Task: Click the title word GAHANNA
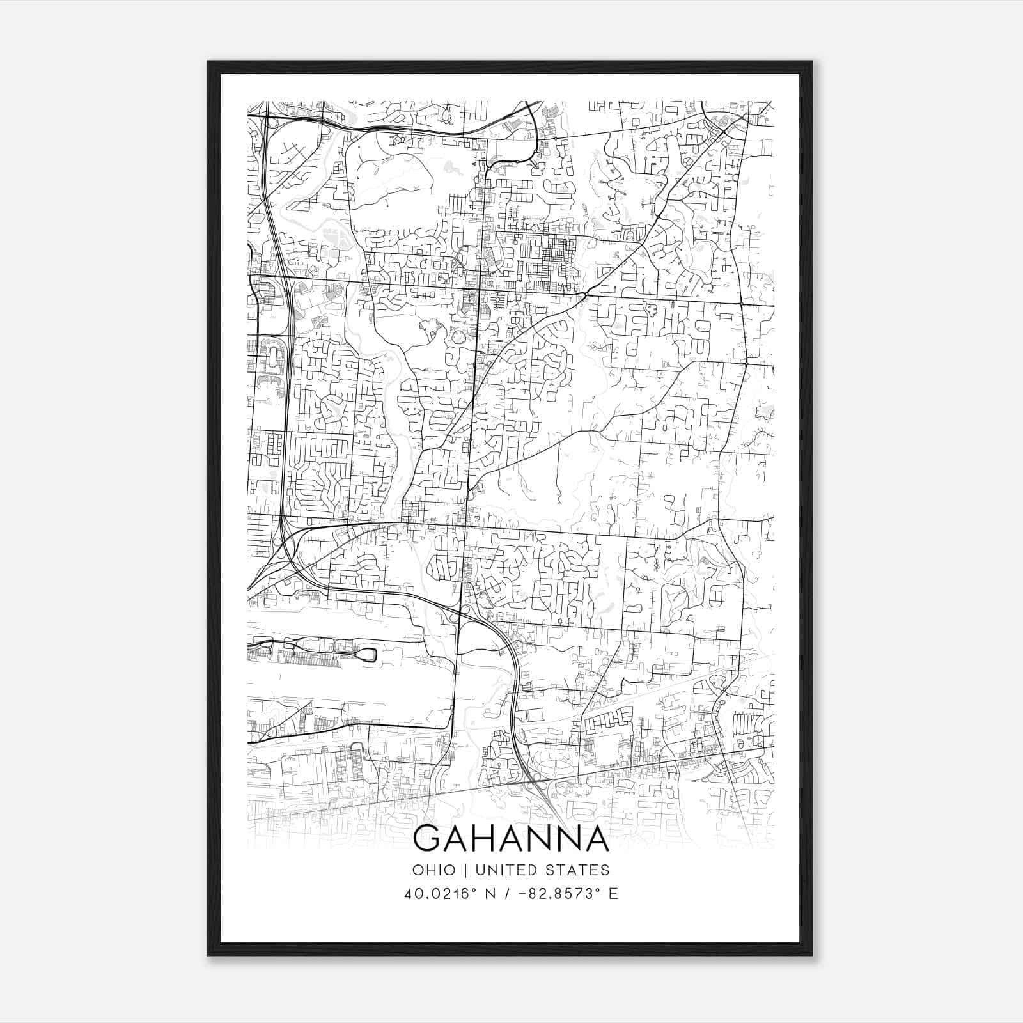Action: (511, 839)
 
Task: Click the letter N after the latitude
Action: (491, 893)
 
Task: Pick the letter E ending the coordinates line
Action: (613, 893)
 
